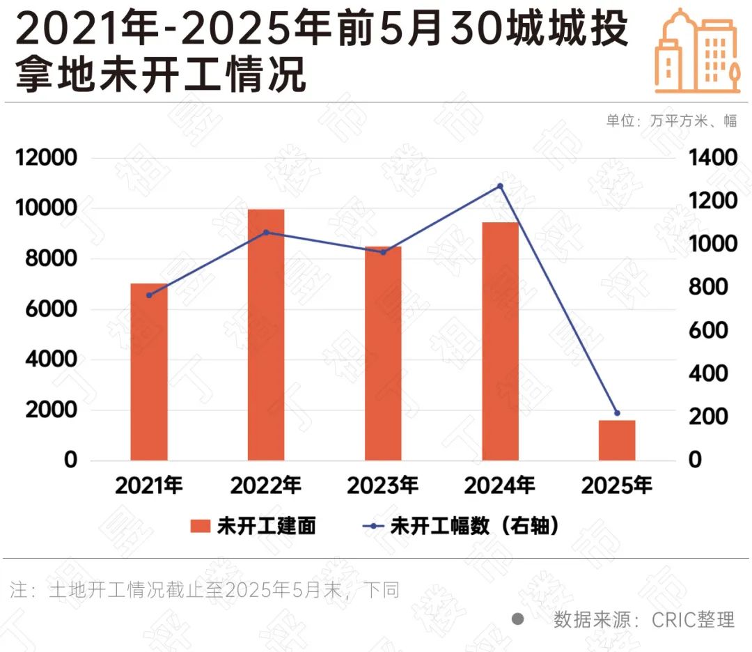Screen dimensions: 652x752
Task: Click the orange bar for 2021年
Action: pyautogui.click(x=149, y=372)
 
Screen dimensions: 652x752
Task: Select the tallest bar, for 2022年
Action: pyautogui.click(x=266, y=334)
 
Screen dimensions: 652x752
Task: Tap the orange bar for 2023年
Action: pyautogui.click(x=383, y=353)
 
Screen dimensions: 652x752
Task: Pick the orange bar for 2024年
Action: pyautogui.click(x=500, y=341)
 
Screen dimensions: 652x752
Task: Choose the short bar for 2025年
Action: pyautogui.click(x=617, y=440)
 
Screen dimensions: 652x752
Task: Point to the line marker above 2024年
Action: pyautogui.click(x=500, y=186)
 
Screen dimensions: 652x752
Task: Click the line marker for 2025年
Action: pyautogui.click(x=617, y=413)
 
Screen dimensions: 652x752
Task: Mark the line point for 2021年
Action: pyautogui.click(x=149, y=295)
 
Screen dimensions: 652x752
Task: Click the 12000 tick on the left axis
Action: pyautogui.click(x=46, y=158)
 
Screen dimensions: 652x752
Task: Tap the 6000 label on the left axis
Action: pyautogui.click(x=51, y=309)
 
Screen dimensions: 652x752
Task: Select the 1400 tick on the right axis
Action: pyautogui.click(x=712, y=158)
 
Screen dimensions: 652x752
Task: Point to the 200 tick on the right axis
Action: pyautogui.click(x=707, y=417)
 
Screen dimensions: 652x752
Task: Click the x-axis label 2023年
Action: pyautogui.click(x=384, y=485)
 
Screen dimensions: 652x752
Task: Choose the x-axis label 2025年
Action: pyautogui.click(x=618, y=485)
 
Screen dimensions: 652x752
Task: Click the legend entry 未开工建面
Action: pyautogui.click(x=253, y=526)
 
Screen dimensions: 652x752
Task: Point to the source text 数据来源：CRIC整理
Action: pyautogui.click(x=643, y=619)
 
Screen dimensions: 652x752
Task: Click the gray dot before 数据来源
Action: pyautogui.click(x=517, y=619)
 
